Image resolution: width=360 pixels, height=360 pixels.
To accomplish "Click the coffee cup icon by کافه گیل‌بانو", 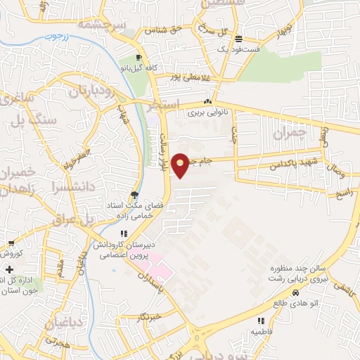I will click(x=139, y=57).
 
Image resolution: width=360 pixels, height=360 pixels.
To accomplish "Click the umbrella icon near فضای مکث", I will click(x=134, y=195).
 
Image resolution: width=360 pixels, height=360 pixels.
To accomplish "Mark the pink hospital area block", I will click(x=160, y=268).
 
